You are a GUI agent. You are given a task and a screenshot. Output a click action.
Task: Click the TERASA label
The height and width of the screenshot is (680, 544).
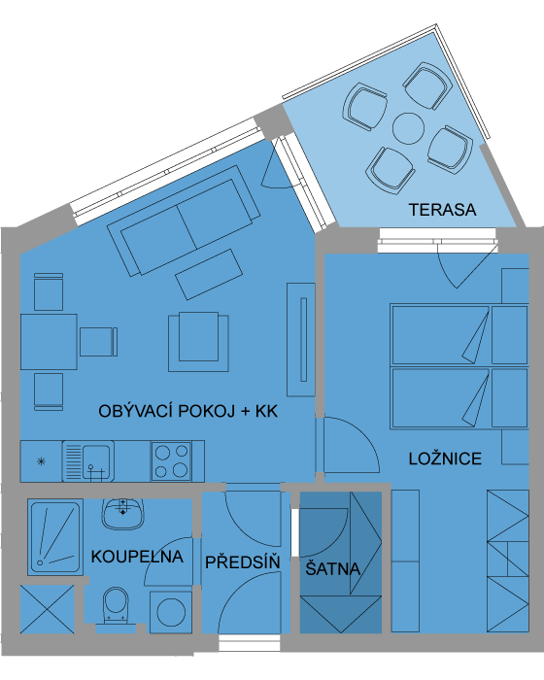tap(443, 210)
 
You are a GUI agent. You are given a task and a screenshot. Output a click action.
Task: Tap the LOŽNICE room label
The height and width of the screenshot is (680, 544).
tap(445, 459)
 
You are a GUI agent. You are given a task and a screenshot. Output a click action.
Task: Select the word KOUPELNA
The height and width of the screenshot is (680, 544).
tap(137, 557)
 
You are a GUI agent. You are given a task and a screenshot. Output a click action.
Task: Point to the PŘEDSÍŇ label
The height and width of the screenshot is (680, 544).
tap(243, 562)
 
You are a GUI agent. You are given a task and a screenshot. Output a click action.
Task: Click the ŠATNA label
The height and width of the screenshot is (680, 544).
tap(333, 568)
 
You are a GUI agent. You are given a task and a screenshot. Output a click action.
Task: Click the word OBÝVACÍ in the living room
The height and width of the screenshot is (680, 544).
tap(136, 411)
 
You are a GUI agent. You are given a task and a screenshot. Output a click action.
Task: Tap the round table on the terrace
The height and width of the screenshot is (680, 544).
tap(408, 128)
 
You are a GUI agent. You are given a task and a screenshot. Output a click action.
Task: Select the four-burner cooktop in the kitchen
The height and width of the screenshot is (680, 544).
tap(171, 461)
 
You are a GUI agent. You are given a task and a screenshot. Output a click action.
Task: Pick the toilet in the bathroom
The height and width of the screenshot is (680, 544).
tap(116, 605)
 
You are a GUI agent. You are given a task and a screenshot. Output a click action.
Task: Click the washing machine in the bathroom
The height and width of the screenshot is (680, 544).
tap(171, 612)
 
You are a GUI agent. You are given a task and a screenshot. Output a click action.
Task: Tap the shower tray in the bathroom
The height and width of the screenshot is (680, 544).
tap(55, 537)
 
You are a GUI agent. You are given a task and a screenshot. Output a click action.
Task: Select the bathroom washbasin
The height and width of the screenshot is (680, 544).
tap(122, 513)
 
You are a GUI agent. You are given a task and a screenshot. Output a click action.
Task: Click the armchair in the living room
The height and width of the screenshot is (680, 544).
tap(199, 342)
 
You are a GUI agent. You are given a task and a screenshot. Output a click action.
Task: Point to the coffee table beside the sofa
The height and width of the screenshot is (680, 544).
tap(209, 274)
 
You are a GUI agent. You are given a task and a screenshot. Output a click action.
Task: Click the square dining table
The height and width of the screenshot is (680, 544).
tap(49, 342)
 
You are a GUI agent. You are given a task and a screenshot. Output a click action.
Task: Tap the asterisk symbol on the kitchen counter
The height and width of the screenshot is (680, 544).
tap(41, 461)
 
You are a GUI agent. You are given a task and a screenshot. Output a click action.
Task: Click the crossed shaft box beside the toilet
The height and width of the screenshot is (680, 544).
tap(48, 609)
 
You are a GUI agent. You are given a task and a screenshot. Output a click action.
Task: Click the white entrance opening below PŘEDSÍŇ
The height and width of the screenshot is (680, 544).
tap(250, 643)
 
